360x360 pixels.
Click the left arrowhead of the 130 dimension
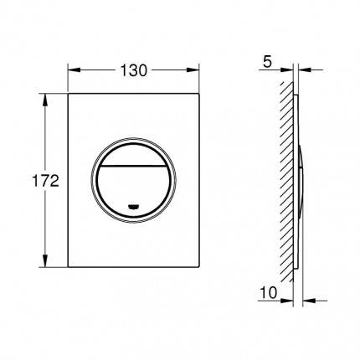(69, 70)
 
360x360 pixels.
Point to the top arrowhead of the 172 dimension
(44, 98)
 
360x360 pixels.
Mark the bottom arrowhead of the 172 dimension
(44, 262)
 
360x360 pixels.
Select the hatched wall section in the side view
(286, 180)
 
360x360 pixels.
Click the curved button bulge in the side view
(301, 180)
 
